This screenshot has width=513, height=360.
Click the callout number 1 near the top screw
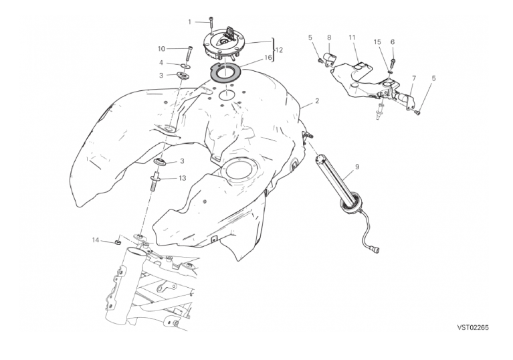pyautogui.click(x=189, y=22)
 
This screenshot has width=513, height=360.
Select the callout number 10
pyautogui.click(x=162, y=49)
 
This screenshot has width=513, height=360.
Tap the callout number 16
pyautogui.click(x=268, y=58)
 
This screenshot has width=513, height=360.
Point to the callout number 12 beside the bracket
pyautogui.click(x=279, y=50)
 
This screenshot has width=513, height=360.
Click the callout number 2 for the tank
pyautogui.click(x=317, y=101)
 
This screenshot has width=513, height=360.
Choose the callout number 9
pyautogui.click(x=357, y=167)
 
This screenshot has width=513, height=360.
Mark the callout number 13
pyautogui.click(x=182, y=178)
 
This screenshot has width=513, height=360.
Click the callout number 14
pyautogui.click(x=95, y=240)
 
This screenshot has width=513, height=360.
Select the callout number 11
pyautogui.click(x=352, y=37)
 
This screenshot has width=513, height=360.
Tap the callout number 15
pyautogui.click(x=377, y=42)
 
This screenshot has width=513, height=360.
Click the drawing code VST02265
pyautogui.click(x=473, y=327)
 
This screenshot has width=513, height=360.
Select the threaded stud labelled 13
pyautogui.click(x=155, y=183)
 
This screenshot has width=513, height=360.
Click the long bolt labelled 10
pyautogui.click(x=189, y=53)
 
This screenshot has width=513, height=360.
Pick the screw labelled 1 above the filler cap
pyautogui.click(x=211, y=25)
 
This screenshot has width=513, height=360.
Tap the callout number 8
pyautogui.click(x=329, y=37)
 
